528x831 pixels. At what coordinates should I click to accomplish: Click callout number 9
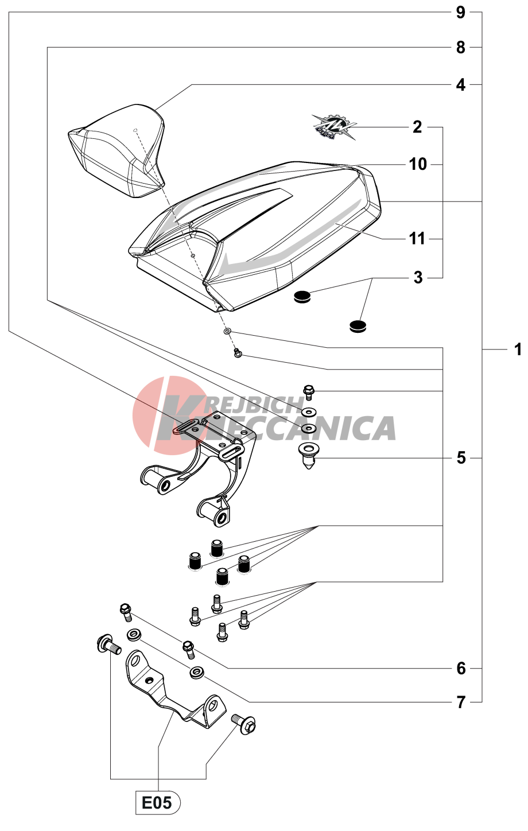[x=460, y=13]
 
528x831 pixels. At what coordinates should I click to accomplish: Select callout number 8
[x=460, y=48]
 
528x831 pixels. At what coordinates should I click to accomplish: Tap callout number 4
[x=460, y=85]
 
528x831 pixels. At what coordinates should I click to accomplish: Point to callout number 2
[x=417, y=127]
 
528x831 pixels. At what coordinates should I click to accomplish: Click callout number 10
[x=418, y=164]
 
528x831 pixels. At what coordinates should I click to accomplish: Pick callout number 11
[x=417, y=239]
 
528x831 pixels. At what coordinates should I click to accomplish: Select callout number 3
[x=418, y=278]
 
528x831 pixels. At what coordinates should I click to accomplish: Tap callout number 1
[x=518, y=350]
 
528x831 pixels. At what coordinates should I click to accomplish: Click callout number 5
[x=461, y=458]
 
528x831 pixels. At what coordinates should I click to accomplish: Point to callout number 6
[x=461, y=669]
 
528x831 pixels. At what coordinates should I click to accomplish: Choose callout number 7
[x=461, y=702]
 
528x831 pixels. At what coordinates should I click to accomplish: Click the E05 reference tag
[x=158, y=803]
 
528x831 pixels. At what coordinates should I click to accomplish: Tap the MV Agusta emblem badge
[x=333, y=127]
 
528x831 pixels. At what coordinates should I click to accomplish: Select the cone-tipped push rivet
[x=308, y=456]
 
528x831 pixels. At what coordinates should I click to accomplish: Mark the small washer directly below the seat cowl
[x=227, y=331]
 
